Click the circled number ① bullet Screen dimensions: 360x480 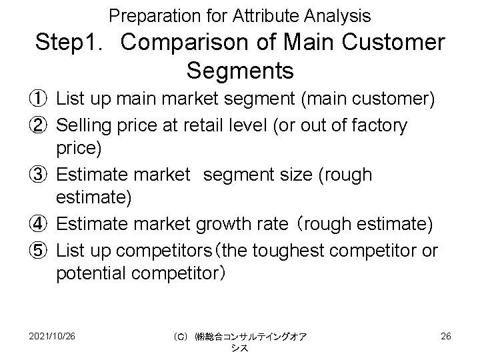(x=42, y=100)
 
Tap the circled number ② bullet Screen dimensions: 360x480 (x=42, y=125)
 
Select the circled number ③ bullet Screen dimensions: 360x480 (x=42, y=175)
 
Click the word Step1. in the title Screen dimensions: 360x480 (x=73, y=43)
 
